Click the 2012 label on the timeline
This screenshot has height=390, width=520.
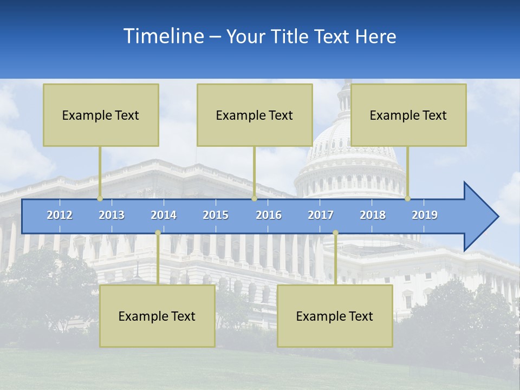pos(60,215)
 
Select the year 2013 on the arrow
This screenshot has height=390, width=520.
pos(112,215)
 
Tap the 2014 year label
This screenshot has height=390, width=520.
pos(164,215)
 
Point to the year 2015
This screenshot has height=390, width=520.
pos(216,215)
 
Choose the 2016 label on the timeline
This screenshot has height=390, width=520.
pos(269,215)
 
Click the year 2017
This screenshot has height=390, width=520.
pos(321,215)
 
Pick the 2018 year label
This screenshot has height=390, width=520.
pos(373,215)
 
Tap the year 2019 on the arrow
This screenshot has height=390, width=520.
pos(425,215)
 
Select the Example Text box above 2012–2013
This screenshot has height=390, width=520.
pos(101,115)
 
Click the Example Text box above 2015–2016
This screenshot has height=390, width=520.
pos(255,115)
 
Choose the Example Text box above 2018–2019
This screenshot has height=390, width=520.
pos(408,115)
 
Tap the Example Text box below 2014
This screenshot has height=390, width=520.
pos(157,316)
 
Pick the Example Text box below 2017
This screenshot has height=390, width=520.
pos(335,316)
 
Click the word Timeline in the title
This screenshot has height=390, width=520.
pos(163,36)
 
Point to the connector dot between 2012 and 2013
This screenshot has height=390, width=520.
pos(100,198)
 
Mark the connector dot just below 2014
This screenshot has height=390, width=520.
pos(158,233)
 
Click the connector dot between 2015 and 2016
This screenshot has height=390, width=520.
pos(254,198)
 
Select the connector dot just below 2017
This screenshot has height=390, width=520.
pos(335,233)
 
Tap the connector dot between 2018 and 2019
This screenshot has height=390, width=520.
pos(407,198)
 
